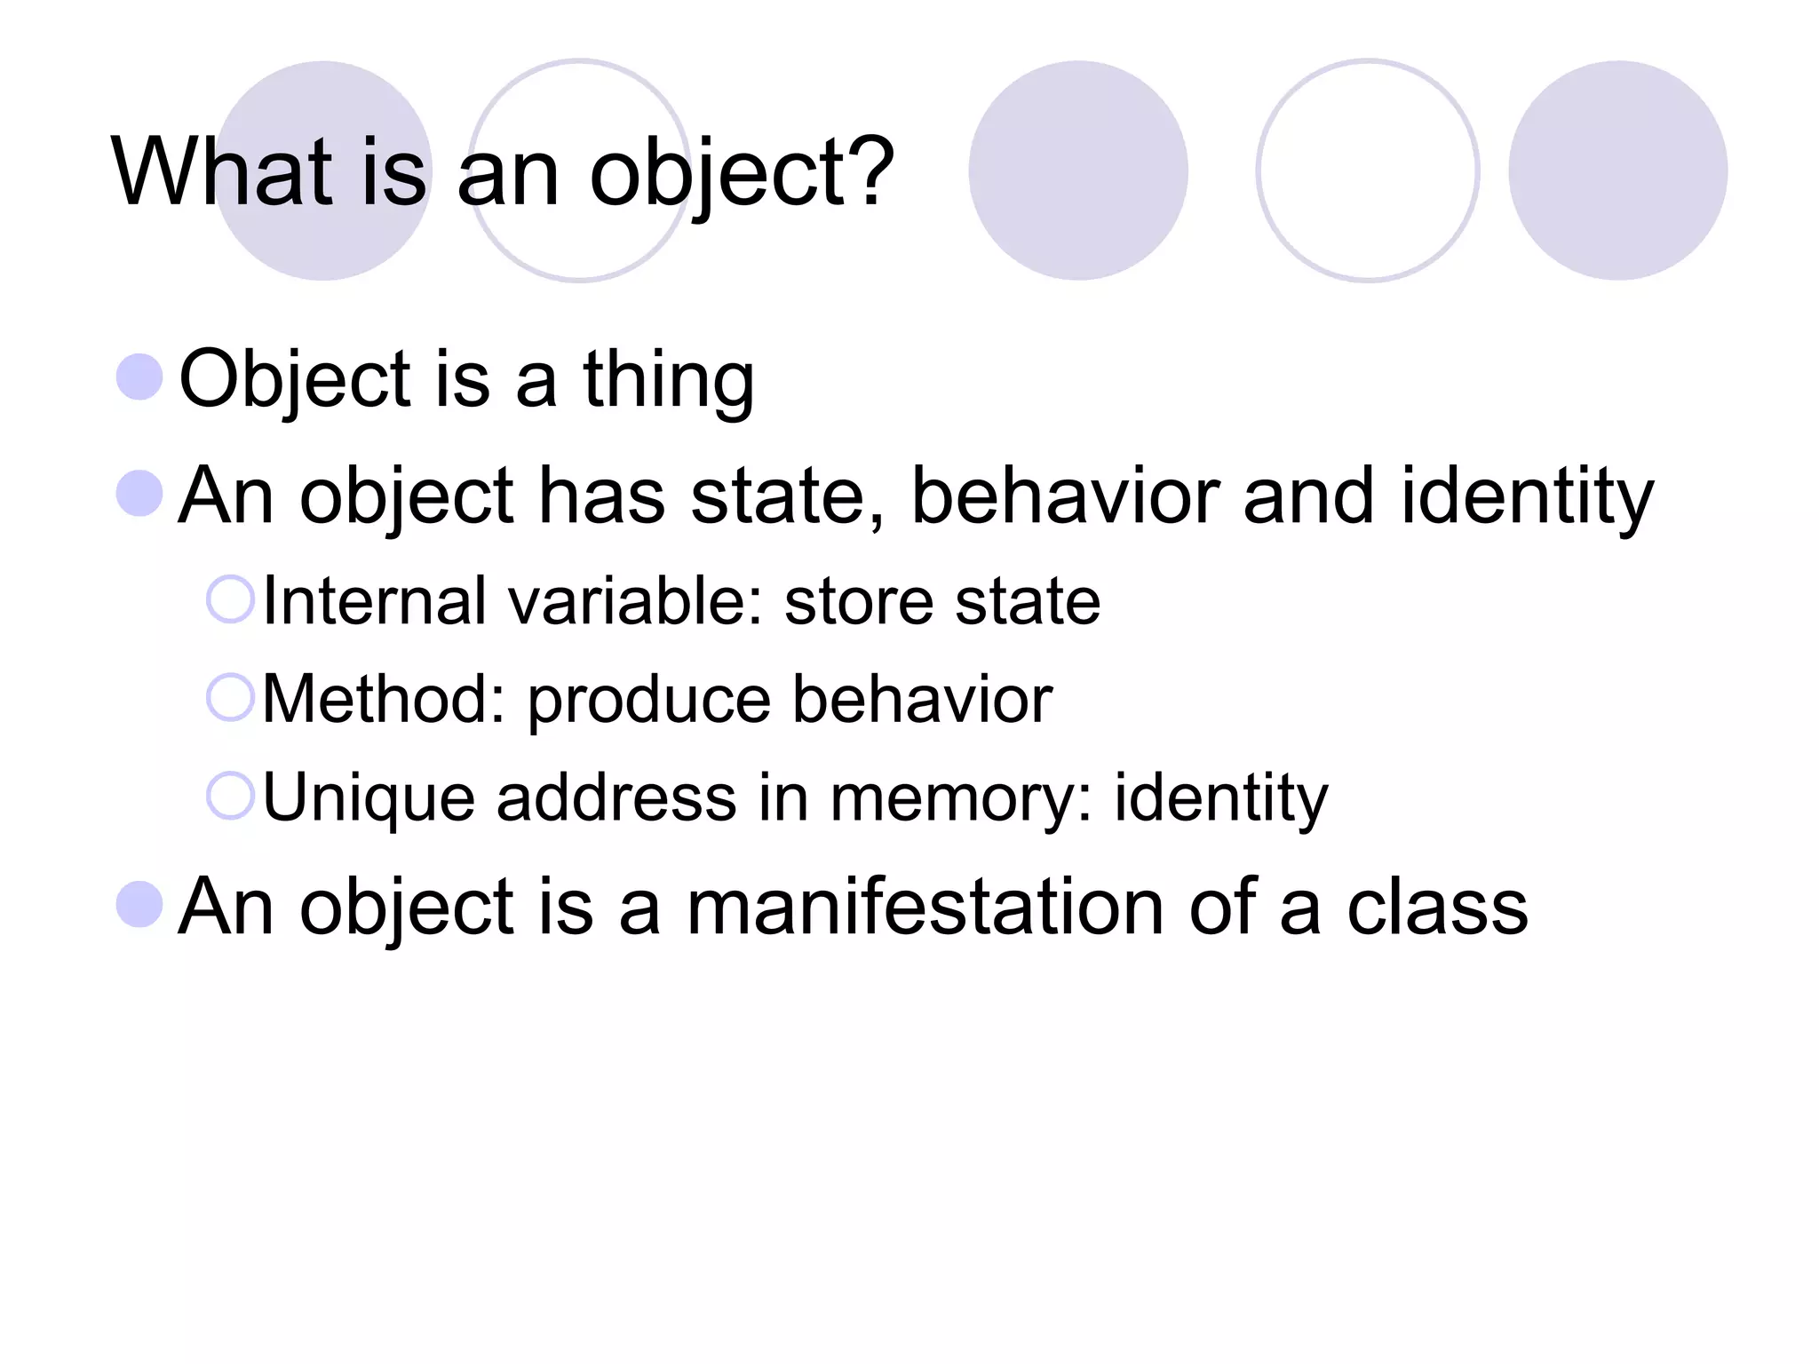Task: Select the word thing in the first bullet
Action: (x=668, y=380)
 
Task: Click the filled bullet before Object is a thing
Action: (x=139, y=377)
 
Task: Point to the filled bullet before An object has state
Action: (x=139, y=493)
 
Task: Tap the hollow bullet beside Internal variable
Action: (x=230, y=599)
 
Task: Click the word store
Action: (x=858, y=601)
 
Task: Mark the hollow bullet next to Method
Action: (x=230, y=697)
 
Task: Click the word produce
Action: (x=648, y=702)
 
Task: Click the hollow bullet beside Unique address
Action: (x=230, y=795)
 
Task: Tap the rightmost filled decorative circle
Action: (x=1617, y=170)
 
